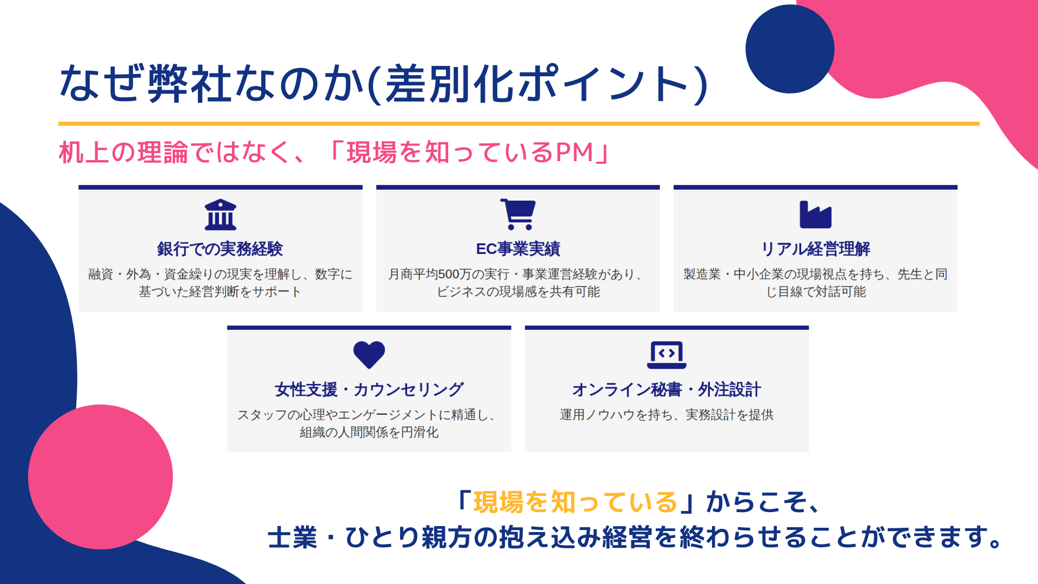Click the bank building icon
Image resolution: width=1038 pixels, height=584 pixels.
click(x=221, y=215)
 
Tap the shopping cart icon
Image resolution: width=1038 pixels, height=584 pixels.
click(x=518, y=215)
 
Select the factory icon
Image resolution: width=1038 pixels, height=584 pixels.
click(x=815, y=215)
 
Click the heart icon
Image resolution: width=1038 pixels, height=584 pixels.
click(x=369, y=355)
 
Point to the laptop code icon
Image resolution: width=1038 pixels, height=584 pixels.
click(x=667, y=355)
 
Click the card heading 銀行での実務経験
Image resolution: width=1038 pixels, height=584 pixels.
click(x=220, y=249)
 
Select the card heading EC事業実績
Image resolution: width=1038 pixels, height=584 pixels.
click(x=518, y=249)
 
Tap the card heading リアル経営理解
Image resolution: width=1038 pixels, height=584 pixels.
click(x=815, y=249)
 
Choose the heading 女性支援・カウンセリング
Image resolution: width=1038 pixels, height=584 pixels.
click(x=369, y=389)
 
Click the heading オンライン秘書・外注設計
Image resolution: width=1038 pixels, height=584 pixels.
click(x=667, y=389)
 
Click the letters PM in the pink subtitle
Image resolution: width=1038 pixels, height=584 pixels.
click(x=575, y=152)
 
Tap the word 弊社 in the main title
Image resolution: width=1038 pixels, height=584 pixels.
click(x=190, y=84)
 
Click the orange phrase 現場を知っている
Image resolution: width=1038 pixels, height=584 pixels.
click(x=575, y=502)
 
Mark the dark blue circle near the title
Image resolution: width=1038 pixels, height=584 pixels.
click(x=790, y=49)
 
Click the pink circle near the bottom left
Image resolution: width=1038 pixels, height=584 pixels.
click(x=101, y=477)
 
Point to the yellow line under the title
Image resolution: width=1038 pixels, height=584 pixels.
click(x=519, y=124)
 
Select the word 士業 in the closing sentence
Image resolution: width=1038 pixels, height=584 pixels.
click(x=292, y=537)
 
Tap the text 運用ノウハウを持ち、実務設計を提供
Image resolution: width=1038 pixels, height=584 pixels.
click(x=667, y=415)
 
